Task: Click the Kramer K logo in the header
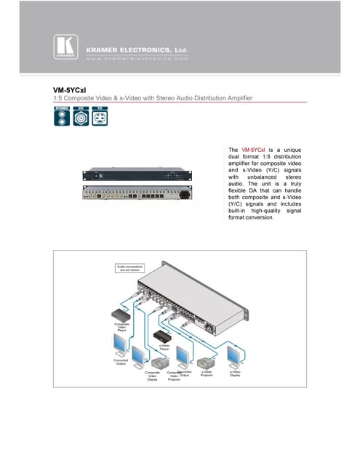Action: click(x=63, y=48)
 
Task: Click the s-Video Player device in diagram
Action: click(x=164, y=336)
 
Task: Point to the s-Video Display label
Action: click(x=235, y=373)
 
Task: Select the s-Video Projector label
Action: click(x=207, y=373)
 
